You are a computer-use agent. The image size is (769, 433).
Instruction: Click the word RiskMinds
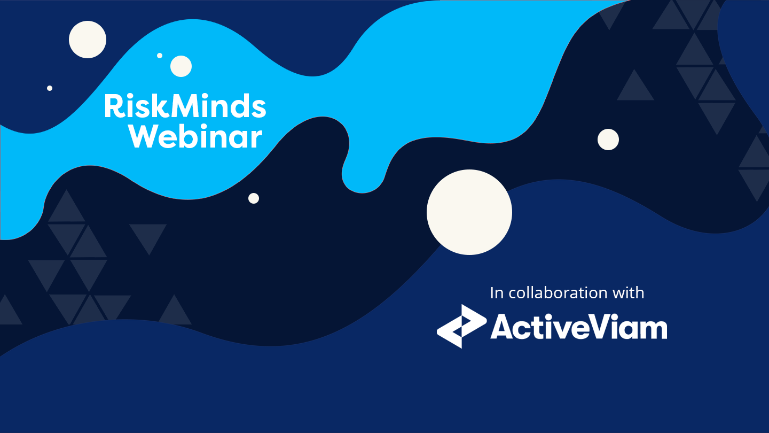pos(185,106)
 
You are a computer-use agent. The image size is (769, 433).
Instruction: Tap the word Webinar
pos(195,136)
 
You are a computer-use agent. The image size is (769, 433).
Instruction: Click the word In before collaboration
pos(497,293)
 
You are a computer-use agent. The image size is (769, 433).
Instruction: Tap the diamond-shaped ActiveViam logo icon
pos(462,327)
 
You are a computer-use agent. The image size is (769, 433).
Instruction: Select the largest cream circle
pos(469,212)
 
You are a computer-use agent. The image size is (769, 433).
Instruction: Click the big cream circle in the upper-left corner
pos(88,40)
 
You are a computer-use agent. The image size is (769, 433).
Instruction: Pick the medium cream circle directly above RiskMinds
pos(181,66)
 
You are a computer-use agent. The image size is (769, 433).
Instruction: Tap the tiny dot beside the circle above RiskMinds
pos(160,56)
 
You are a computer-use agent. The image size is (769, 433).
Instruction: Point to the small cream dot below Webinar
pos(254,198)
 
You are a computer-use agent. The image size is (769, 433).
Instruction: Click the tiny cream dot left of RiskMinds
pos(50,88)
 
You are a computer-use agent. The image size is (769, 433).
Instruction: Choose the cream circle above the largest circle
pos(608,140)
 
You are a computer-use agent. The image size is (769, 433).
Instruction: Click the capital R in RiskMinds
pos(113,106)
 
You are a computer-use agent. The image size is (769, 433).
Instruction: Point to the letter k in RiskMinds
pos(160,105)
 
